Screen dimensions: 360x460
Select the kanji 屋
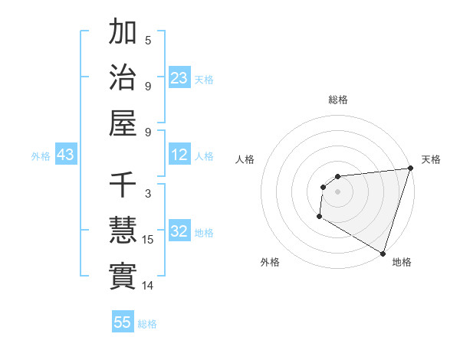(123, 123)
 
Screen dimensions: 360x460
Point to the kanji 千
(123, 185)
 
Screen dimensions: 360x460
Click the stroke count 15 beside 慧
(149, 240)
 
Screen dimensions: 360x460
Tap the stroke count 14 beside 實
(149, 286)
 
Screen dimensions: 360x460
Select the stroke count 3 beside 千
(148, 194)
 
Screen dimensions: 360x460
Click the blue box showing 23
(179, 78)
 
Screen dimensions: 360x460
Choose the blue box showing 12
(179, 155)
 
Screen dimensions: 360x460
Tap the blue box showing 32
(179, 231)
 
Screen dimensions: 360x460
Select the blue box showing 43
(66, 155)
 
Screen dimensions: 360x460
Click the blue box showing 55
(123, 322)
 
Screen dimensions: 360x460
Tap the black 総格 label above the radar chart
(338, 100)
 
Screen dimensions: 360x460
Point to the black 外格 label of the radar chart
(270, 262)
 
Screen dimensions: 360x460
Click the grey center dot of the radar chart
(337, 191)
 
